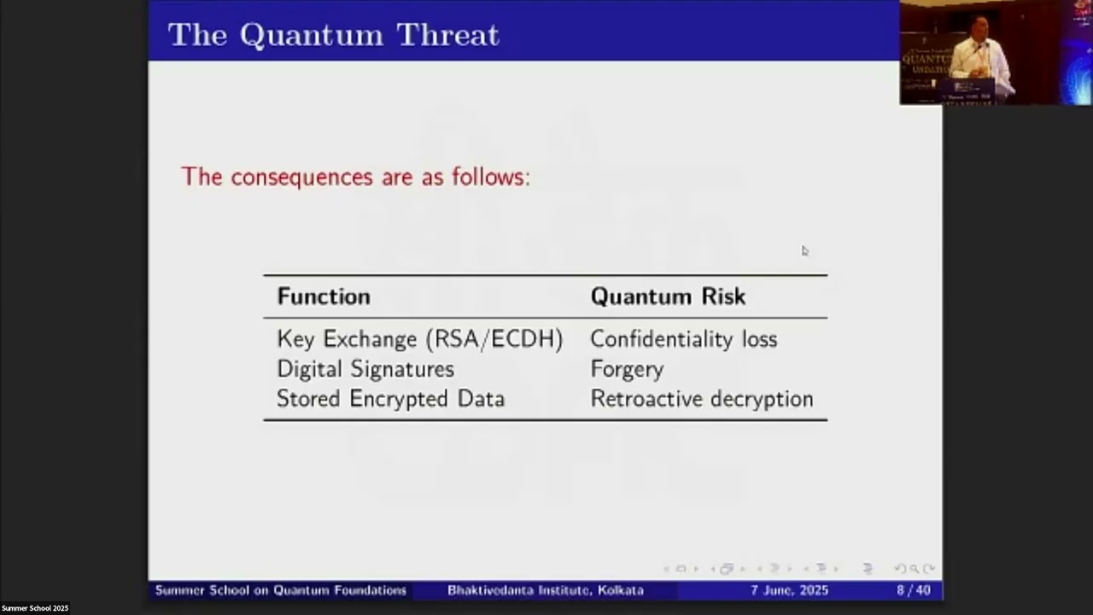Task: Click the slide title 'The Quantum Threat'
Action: (333, 34)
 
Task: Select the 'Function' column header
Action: (324, 296)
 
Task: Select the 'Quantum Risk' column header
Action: (668, 296)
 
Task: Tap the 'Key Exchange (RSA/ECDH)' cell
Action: (419, 339)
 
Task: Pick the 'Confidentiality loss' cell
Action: (683, 339)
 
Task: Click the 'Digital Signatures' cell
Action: (365, 369)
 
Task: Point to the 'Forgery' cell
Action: (627, 369)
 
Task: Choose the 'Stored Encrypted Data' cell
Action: (390, 399)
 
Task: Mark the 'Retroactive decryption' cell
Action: (701, 399)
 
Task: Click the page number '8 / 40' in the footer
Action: (913, 590)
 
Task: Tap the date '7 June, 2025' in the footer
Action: (789, 590)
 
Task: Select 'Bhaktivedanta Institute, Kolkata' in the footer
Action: (545, 590)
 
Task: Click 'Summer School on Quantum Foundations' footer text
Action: (280, 590)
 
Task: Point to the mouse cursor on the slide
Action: (804, 250)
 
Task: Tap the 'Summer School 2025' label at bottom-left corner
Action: (35, 608)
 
